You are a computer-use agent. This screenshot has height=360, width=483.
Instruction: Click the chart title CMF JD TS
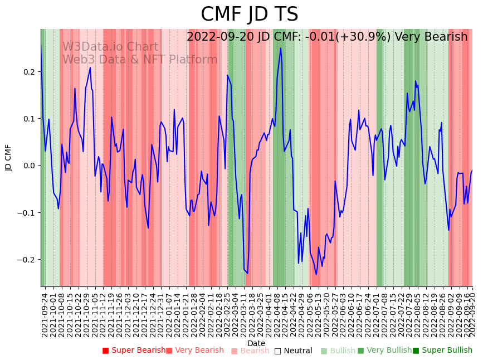pos(249,14)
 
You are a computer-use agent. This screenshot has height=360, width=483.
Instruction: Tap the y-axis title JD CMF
pos(8,158)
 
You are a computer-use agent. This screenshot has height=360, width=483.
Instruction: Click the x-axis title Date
pos(256,343)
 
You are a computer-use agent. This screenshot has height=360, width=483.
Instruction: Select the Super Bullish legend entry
pos(442,351)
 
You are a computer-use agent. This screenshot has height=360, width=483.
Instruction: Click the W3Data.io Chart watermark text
pos(110,47)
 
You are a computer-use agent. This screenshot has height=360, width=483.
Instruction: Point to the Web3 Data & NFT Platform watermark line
pos(139,60)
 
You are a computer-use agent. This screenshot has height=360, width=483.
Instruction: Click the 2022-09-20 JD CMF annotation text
pos(327,37)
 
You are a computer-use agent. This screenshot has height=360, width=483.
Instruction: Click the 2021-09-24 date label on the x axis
pos(45,314)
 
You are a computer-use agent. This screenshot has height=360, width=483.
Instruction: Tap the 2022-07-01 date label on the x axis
pos(376,314)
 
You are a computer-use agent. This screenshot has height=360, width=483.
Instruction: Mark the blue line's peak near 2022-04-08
pos(280,48)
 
